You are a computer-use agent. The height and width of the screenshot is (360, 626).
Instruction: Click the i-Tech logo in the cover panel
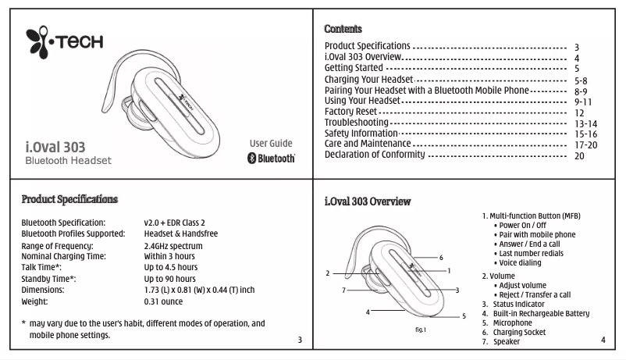pos(64,42)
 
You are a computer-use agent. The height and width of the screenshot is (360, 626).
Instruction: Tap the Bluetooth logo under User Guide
pos(271,159)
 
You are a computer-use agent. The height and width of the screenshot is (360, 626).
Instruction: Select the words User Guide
pos(271,144)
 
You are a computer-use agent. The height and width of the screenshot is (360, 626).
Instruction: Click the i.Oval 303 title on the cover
pos(55,147)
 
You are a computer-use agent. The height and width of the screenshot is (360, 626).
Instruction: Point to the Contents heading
pos(343,29)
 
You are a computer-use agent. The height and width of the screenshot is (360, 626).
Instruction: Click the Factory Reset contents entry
pos(350,112)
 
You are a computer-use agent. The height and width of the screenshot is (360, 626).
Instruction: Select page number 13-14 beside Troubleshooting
pos(585,124)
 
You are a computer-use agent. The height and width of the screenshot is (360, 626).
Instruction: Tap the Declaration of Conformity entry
pos(375,155)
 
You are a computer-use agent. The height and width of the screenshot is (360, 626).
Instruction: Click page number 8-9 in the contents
pos(581,91)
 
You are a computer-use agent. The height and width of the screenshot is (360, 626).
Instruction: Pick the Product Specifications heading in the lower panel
pos(69,199)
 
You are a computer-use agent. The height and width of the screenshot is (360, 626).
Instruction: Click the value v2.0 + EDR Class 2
pos(175,223)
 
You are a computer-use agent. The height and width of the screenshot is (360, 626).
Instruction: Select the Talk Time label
pos(41,267)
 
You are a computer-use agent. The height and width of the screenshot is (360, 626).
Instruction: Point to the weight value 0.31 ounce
pos(163,301)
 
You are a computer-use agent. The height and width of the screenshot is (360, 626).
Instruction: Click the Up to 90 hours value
pos(169,279)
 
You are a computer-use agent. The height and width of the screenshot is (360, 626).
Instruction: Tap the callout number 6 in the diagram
pos(441,258)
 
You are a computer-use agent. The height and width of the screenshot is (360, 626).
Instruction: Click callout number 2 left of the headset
pos(328,273)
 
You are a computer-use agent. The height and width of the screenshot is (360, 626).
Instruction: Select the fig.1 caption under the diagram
pos(421,330)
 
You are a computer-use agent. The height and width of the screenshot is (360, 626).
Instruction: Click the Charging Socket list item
pos(514,332)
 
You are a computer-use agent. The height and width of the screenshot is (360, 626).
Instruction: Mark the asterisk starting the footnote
pos(23,323)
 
